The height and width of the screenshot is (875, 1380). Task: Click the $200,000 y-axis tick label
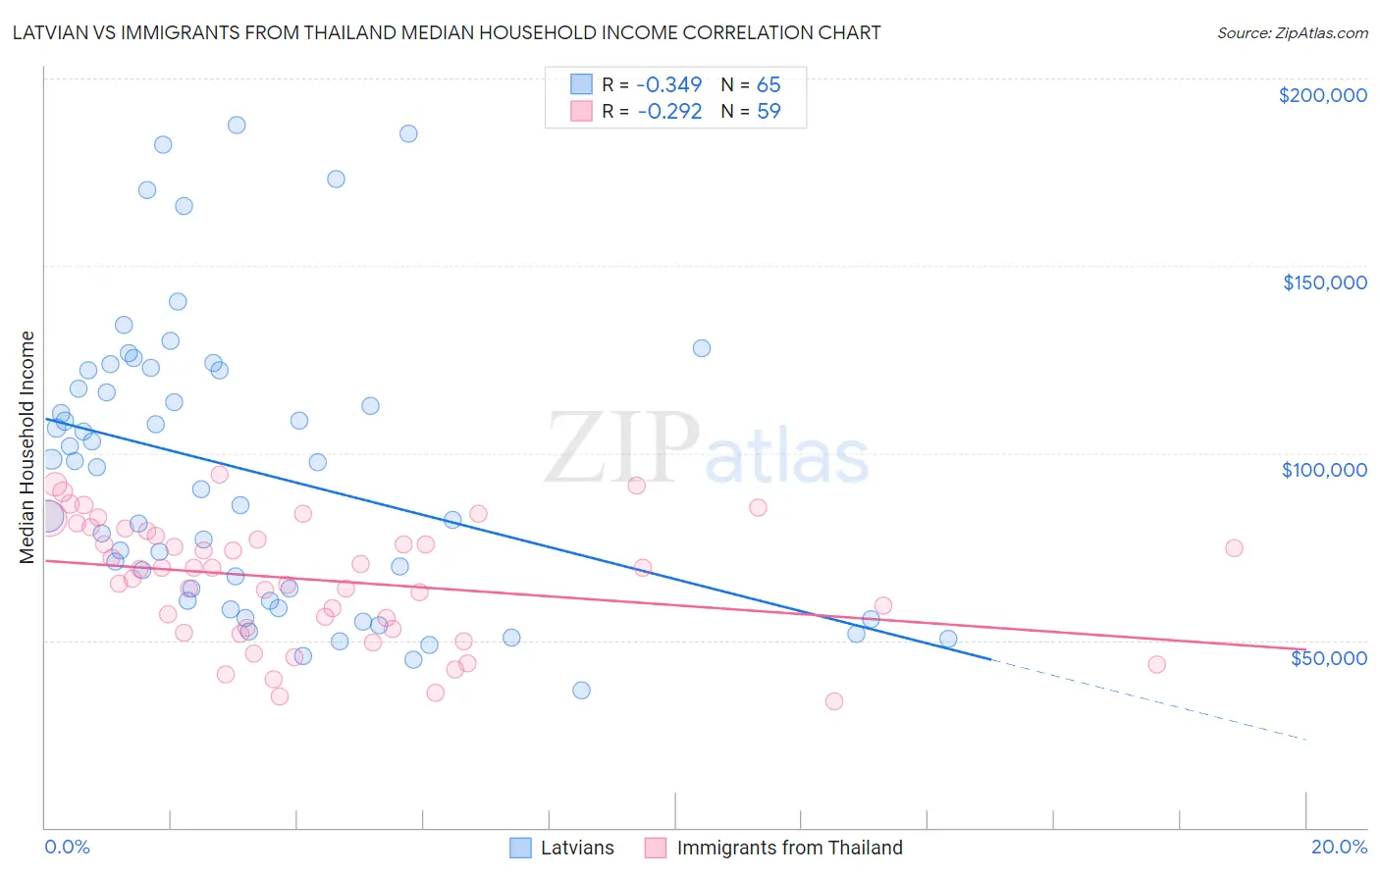[1322, 95]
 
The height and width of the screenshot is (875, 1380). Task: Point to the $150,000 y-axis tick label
[1324, 283]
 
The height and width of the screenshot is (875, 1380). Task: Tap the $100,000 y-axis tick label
[1324, 470]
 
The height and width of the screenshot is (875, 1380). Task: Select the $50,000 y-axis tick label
[1328, 657]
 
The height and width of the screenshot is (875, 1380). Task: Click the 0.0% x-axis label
[67, 847]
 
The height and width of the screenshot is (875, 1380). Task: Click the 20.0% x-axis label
[1339, 847]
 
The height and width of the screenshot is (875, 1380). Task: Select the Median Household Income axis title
[27, 447]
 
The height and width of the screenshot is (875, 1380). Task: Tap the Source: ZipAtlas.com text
[1292, 32]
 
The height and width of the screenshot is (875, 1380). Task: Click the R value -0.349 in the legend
[669, 84]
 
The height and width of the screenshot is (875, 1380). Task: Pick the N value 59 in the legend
[769, 111]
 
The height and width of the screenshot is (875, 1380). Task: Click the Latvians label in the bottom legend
[577, 848]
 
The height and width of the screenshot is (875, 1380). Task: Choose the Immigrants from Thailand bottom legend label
[789, 848]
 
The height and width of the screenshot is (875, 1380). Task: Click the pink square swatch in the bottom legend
[656, 848]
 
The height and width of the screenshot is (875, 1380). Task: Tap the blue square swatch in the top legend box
[582, 84]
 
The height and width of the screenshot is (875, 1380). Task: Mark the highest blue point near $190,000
[237, 125]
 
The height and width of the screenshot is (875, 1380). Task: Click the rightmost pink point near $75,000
[1234, 548]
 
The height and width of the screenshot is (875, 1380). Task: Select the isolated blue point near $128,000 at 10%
[702, 348]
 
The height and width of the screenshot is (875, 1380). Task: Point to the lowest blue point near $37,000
[581, 690]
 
